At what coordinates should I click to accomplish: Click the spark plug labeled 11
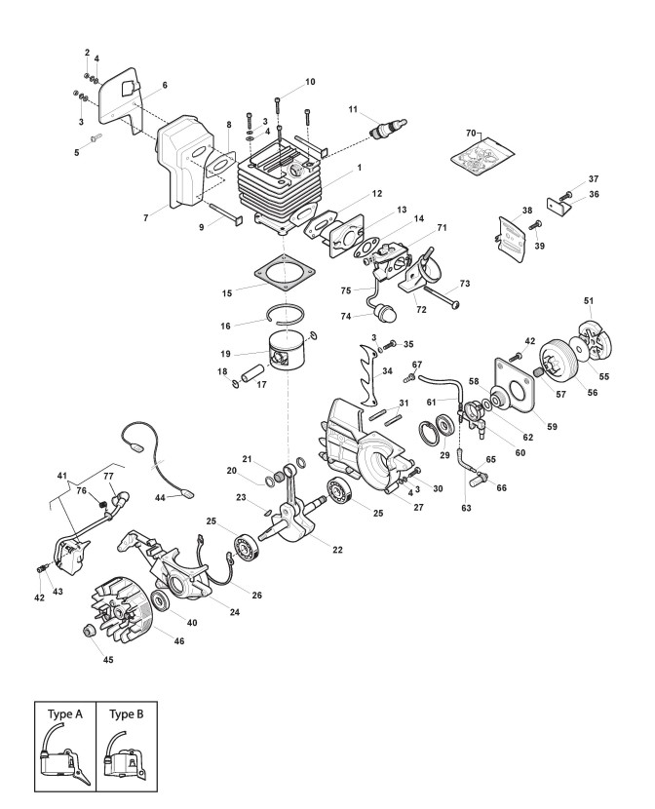tap(383, 128)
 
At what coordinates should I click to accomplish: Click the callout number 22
tap(337, 551)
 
